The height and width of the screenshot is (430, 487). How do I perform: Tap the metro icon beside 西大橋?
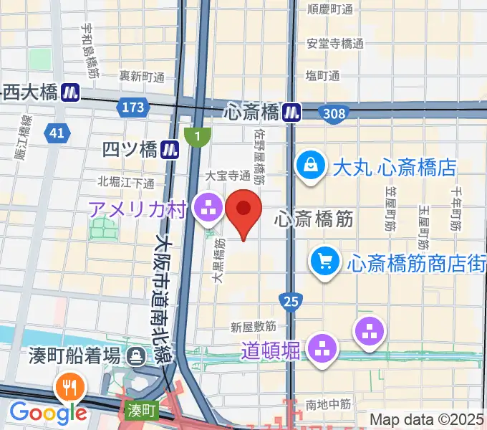(69, 92)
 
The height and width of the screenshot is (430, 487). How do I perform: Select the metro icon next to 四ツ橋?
(170, 149)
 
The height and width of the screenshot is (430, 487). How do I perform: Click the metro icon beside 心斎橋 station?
(291, 112)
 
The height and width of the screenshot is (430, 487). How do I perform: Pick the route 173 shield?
(132, 107)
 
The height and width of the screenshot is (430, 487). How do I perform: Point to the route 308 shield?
(334, 113)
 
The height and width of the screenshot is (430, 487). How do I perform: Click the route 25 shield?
(290, 302)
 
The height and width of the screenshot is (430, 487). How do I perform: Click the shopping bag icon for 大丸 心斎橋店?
(312, 166)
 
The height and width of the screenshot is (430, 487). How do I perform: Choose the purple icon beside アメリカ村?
(209, 208)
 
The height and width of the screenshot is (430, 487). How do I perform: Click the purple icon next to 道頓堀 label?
(322, 349)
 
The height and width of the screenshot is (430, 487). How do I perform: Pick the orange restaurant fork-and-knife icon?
(72, 387)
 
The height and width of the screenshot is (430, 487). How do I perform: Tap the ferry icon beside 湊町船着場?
(135, 355)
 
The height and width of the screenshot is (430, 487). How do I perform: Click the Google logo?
(48, 412)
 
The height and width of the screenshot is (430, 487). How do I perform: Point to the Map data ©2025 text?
(427, 419)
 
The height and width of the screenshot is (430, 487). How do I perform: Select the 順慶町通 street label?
(330, 9)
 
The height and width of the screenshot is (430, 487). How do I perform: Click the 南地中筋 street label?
(329, 405)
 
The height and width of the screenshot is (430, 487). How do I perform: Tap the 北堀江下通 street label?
(126, 182)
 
